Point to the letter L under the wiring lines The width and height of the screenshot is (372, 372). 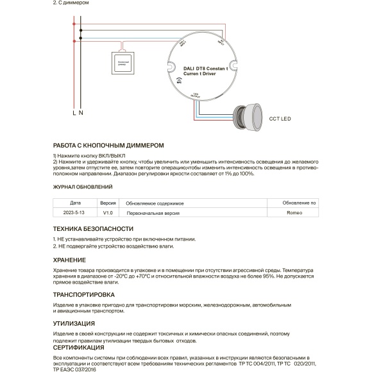click(74, 113)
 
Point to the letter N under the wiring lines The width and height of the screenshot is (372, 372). click(81, 113)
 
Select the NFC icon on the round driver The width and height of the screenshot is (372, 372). click(178, 82)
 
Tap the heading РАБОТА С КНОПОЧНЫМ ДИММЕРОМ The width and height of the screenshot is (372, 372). click(104, 146)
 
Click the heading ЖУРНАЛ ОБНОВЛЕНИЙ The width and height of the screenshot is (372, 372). click(82, 187)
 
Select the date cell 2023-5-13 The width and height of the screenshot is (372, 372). click(74, 212)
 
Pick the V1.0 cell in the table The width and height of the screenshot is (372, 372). click(108, 212)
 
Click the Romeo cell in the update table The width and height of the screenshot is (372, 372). click(294, 212)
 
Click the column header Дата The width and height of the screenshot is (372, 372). click(75, 202)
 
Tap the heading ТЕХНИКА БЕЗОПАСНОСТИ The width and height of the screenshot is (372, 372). click(93, 228)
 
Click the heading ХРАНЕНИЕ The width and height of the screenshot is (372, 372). click(69, 260)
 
